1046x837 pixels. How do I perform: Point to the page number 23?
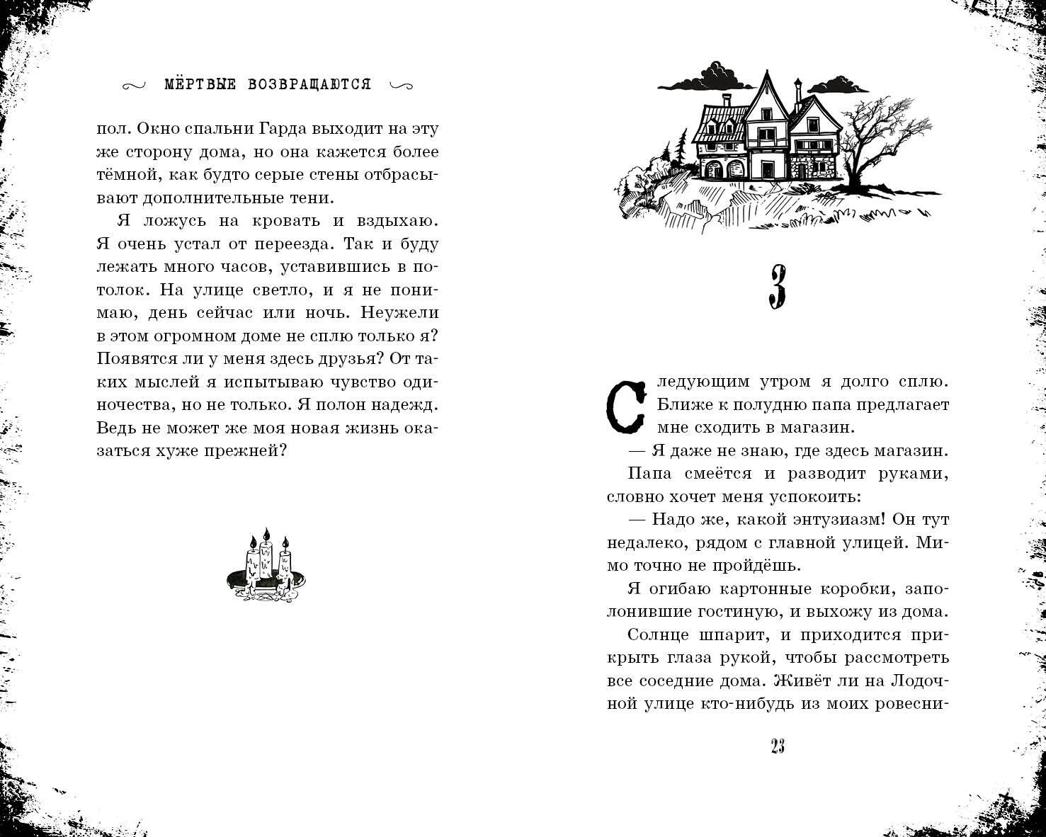[x=777, y=746]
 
